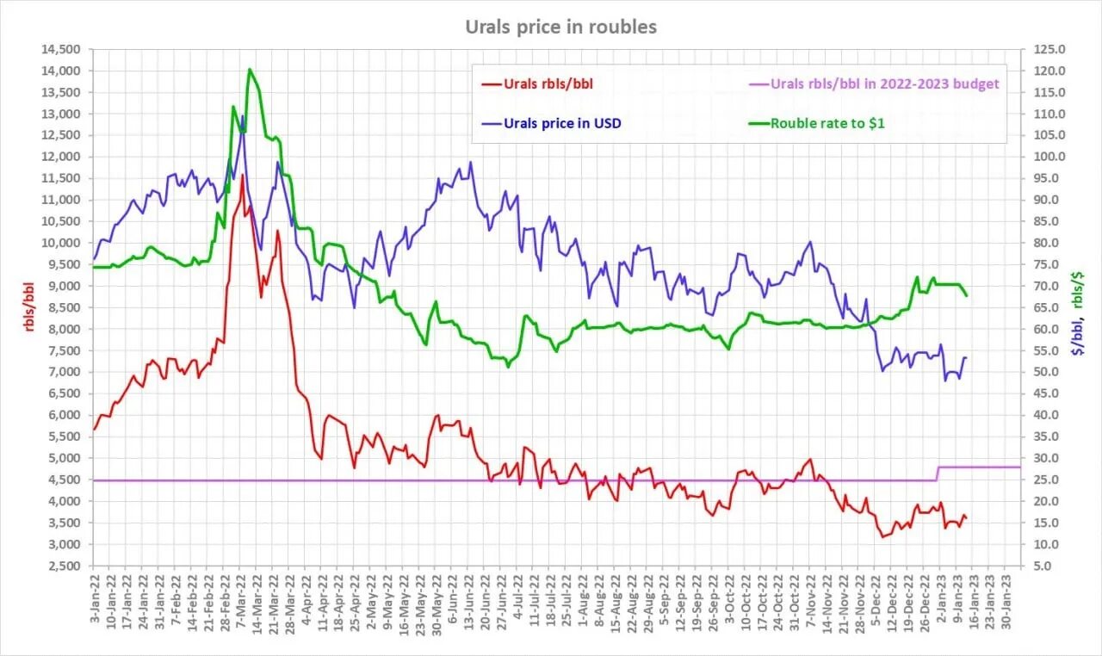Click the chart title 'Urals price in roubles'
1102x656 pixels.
[560, 27]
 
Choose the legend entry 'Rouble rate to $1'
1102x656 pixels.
[827, 123]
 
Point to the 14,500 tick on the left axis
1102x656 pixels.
[64, 49]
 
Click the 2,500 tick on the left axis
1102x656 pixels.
[67, 566]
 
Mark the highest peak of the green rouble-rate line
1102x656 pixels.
[249, 69]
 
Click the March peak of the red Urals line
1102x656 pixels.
[243, 176]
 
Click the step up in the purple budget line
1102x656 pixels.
[938, 473]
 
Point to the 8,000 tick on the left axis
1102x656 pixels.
[67, 329]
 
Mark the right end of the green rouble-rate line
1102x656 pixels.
[967, 296]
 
